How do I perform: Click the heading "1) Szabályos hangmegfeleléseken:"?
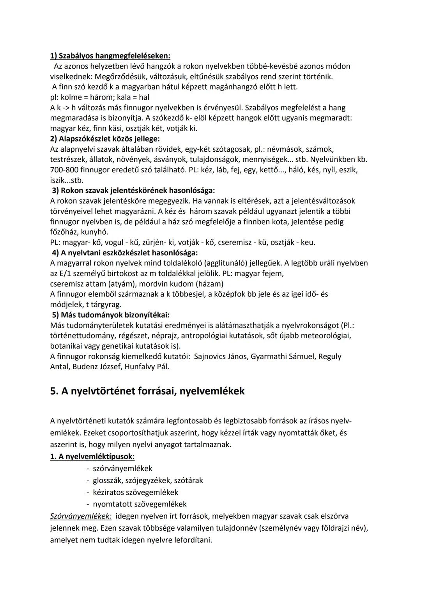click(110, 56)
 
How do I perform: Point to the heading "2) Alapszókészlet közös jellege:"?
click(105, 138)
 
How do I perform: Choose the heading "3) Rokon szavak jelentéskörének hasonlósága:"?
click(133, 191)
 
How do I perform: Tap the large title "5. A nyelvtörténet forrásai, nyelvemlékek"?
click(147, 391)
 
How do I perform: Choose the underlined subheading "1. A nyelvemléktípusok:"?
click(92, 456)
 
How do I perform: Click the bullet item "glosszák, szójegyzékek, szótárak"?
click(148, 480)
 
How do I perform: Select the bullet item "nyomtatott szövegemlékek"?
click(140, 504)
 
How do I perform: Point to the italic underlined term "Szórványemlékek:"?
click(81, 516)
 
